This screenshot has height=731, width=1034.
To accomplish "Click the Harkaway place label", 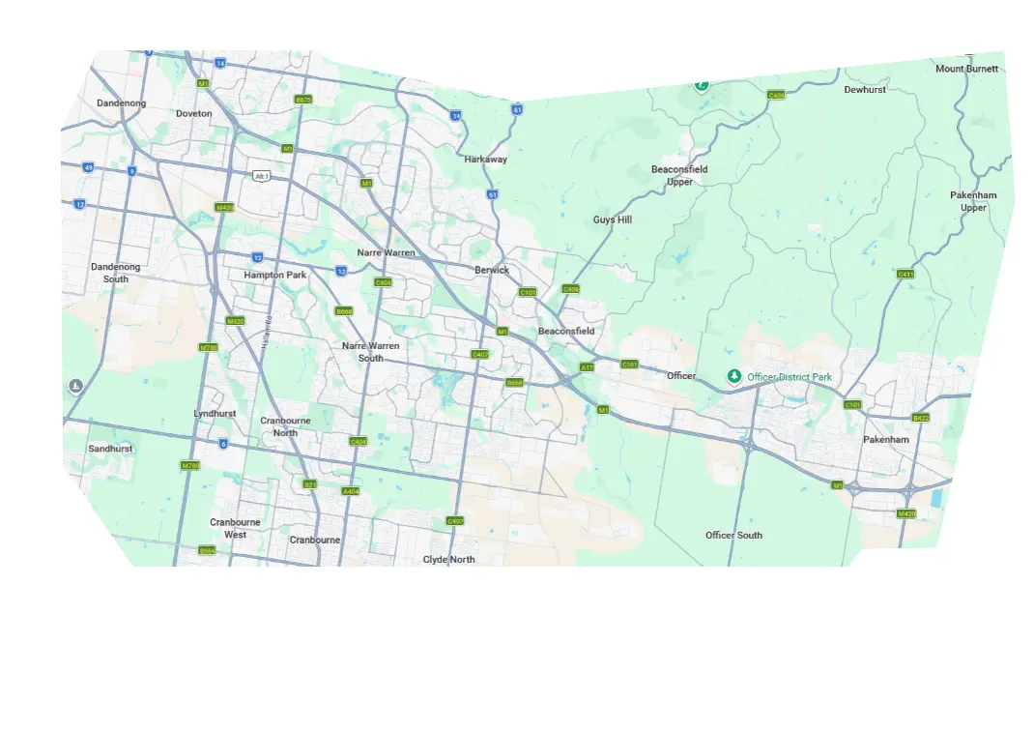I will [x=485, y=159].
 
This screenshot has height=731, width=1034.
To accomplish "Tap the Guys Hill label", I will [x=612, y=219].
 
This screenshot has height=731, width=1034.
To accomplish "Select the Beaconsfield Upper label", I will [x=679, y=175].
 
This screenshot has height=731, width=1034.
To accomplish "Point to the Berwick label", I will [x=492, y=270].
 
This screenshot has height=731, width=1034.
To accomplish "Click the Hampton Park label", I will [x=275, y=275].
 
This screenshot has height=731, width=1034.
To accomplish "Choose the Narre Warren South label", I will [x=370, y=351].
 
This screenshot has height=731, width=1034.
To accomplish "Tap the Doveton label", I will [x=193, y=113].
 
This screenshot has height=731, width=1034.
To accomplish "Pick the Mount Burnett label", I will [x=967, y=69].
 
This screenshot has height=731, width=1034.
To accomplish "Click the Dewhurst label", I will [x=865, y=89].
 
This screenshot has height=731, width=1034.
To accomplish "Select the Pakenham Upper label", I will [x=973, y=201].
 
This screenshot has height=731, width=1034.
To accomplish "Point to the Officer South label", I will [x=733, y=535].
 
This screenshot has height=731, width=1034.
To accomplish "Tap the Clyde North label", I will [x=449, y=559].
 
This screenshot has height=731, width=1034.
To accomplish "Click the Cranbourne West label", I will [x=235, y=528].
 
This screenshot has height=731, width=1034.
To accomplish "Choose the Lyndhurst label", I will [x=215, y=413].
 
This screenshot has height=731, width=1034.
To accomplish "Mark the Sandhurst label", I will [x=110, y=449].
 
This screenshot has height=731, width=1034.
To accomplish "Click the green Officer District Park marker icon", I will [x=734, y=376].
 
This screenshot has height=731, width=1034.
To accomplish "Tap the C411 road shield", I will [x=905, y=274].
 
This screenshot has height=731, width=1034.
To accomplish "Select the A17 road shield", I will [x=587, y=367].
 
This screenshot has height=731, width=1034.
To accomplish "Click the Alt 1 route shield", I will [x=261, y=176].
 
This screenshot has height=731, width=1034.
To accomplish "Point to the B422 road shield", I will [x=920, y=418].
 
